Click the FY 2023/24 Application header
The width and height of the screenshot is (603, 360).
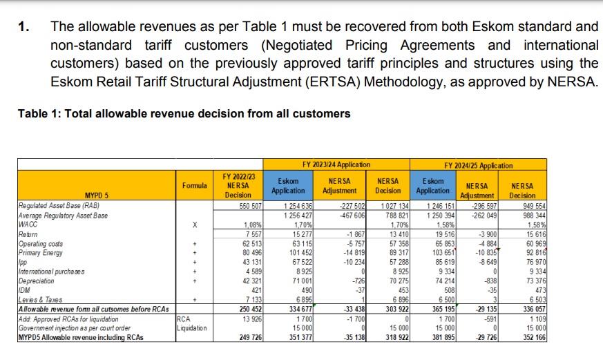tap(336, 164)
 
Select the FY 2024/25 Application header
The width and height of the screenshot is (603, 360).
tap(479, 165)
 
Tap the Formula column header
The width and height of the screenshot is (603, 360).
tap(195, 185)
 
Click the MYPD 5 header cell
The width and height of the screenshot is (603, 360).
tap(97, 195)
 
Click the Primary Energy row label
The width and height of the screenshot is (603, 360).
tap(40, 253)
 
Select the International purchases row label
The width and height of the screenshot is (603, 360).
tap(52, 272)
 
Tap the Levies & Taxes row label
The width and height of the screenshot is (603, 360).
tap(40, 300)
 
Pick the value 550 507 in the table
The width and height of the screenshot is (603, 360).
tap(250, 206)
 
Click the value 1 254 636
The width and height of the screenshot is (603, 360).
tap(298, 206)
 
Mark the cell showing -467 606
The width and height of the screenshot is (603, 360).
tap(352, 216)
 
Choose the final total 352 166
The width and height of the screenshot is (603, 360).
tap(534, 338)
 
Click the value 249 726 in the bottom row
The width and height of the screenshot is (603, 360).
tap(250, 338)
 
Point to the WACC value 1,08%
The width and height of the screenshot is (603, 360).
tap(253, 225)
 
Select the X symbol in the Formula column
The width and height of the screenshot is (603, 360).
tap(195, 225)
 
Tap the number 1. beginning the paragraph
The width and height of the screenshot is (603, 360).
tap(23, 26)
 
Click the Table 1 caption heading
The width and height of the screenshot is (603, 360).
tap(184, 114)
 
